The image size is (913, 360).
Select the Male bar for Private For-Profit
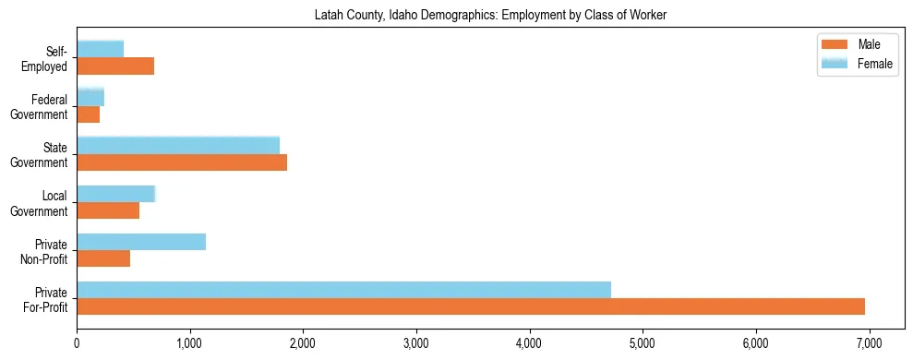point(471,306)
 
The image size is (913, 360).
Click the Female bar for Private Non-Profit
point(141,242)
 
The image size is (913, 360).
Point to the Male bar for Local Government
point(108,210)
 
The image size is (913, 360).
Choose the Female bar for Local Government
point(116,194)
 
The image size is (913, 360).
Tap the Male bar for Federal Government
point(89,114)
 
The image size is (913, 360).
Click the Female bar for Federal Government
point(90,98)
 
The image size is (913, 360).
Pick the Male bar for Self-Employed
point(115,66)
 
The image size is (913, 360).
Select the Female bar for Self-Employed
point(101,50)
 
